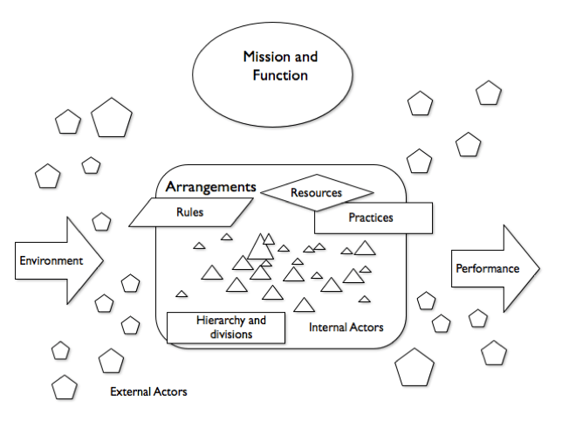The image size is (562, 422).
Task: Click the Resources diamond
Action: click(317, 192)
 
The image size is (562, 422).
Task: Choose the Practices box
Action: click(374, 218)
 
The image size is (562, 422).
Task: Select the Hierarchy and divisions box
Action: click(230, 328)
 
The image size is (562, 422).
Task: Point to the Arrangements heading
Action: click(210, 187)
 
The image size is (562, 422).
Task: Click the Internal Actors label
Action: click(346, 329)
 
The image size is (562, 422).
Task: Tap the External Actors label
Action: click(148, 391)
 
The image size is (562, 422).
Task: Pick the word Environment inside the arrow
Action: click(51, 260)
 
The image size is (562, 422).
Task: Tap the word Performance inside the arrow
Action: click(487, 268)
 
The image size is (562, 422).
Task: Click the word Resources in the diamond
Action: click(316, 192)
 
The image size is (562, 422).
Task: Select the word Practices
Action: click(371, 218)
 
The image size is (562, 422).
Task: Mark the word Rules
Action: click(189, 211)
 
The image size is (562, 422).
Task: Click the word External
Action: click(130, 391)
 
